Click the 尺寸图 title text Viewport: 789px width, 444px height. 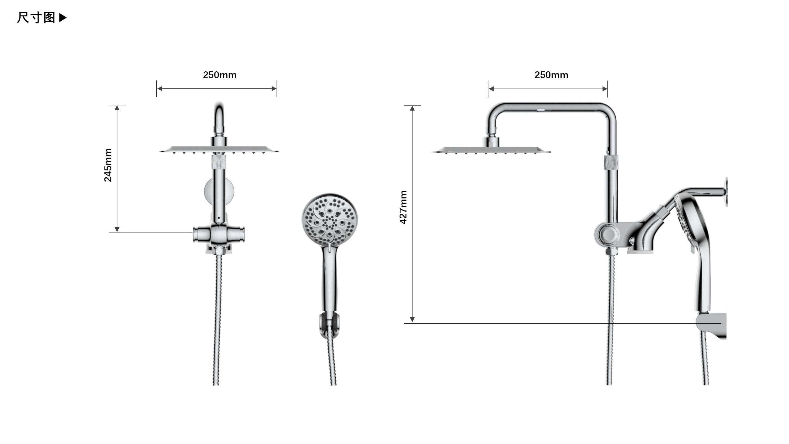point(36,18)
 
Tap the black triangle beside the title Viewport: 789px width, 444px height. point(63,18)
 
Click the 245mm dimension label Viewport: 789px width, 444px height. point(108,165)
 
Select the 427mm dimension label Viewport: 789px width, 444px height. point(403,207)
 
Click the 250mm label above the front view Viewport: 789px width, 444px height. point(220,75)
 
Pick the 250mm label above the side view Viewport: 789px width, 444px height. point(551,75)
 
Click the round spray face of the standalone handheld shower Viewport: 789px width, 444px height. point(329,220)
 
